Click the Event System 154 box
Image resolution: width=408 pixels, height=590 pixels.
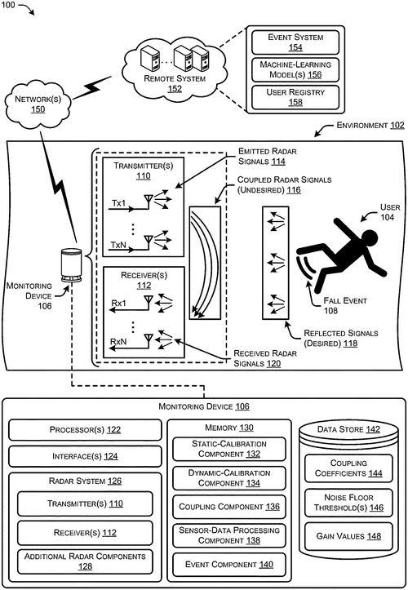295,42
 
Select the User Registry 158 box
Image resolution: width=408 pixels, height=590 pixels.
295,97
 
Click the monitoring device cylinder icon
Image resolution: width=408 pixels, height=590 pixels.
72,264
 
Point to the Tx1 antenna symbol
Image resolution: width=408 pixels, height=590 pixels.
149,202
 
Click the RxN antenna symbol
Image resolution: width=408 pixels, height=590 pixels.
149,340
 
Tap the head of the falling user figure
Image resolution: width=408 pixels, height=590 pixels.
369,238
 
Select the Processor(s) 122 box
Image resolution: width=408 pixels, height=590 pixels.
85,430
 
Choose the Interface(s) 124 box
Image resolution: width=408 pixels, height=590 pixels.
85,456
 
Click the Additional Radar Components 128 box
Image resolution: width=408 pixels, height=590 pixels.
85,561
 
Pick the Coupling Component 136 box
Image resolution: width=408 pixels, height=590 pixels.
229,507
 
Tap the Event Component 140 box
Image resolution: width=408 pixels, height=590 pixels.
229,565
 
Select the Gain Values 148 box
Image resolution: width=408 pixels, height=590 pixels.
348,536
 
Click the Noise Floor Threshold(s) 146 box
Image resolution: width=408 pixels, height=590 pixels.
348,503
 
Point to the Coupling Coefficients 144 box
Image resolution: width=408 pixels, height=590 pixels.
348,468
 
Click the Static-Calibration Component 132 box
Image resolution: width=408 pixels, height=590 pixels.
229,449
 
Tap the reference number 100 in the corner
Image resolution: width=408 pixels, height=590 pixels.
7,5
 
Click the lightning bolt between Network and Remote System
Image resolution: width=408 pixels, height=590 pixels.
92,87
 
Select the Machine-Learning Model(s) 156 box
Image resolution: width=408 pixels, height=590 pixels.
295,69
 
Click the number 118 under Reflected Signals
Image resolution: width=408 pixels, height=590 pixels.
350,344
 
